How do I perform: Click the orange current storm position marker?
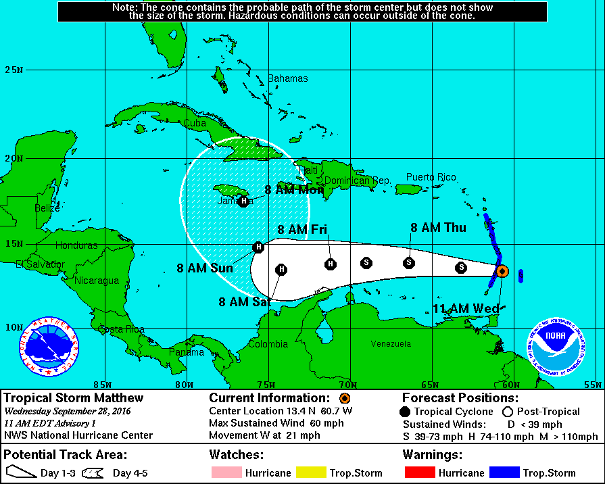502,270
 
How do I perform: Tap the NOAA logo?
556,345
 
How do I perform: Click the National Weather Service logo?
48,346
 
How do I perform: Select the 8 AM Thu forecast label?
438,228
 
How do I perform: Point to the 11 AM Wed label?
465,309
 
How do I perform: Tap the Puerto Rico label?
431,177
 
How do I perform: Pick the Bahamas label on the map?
288,78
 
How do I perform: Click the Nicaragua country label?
97,281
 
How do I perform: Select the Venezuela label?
391,344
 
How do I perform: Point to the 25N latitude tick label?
14,70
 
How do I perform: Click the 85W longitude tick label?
101,385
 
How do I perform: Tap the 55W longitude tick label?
592,385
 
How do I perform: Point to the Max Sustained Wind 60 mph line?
276,423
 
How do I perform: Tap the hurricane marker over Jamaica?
243,201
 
